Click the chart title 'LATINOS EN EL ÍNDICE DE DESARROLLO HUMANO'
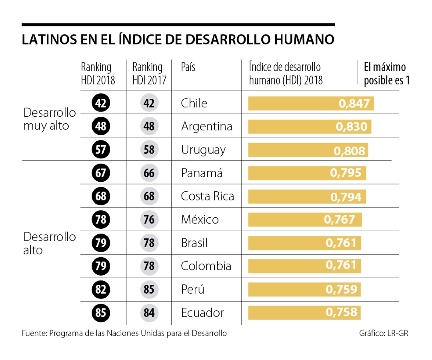(178, 40)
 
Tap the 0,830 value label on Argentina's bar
(351, 127)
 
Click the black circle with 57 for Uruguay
(101, 150)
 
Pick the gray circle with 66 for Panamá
(149, 173)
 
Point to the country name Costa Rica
(207, 196)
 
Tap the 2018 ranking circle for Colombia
(101, 266)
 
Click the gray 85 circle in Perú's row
(149, 289)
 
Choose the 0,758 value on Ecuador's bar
(341, 312)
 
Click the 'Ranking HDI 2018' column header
(98, 74)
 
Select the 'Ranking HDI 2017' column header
(147, 74)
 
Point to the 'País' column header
(188, 67)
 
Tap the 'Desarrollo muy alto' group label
(49, 119)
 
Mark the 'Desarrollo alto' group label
(49, 243)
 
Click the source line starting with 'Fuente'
(124, 333)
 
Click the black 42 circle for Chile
(101, 104)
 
